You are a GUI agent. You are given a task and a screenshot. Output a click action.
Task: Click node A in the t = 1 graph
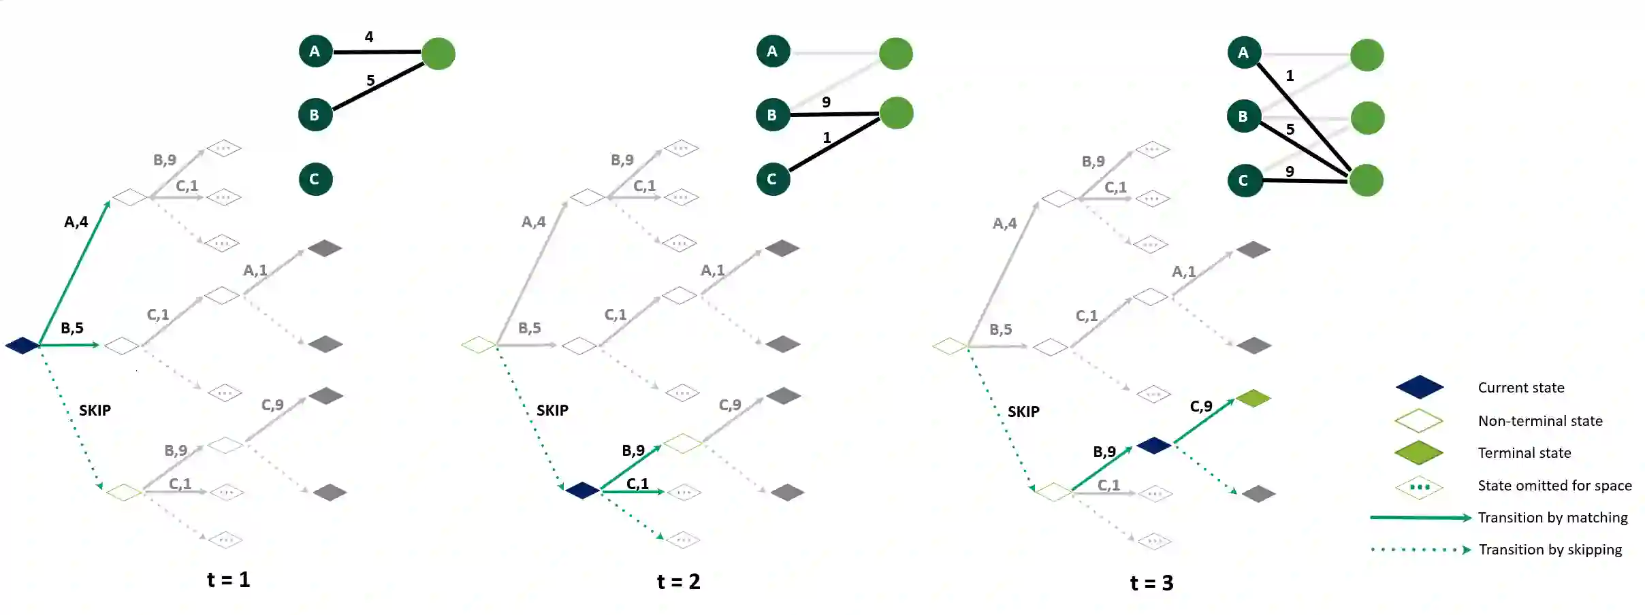tap(315, 51)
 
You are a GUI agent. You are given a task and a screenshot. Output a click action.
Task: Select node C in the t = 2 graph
tap(773, 179)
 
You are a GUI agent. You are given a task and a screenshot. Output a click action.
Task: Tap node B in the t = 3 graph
tap(1244, 116)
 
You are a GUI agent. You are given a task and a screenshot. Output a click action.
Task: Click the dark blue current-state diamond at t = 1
tap(22, 346)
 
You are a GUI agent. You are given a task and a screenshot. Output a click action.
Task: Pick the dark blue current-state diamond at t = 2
tap(582, 490)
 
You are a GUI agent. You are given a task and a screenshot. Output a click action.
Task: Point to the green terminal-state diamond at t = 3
tap(1253, 398)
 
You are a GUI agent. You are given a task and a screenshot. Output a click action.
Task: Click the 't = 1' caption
tap(229, 580)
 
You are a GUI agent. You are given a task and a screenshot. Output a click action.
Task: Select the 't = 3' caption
tap(1151, 583)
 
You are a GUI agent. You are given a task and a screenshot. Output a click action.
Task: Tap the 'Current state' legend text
tap(1520, 388)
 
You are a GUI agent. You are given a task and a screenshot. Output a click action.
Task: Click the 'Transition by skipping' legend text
tap(1550, 550)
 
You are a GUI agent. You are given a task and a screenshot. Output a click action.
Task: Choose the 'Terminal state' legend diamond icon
tap(1419, 452)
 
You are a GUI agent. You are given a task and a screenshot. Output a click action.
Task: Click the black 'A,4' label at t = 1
tap(76, 222)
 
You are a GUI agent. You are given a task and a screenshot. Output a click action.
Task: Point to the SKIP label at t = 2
tap(552, 410)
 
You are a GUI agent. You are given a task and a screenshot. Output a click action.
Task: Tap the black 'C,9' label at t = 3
tap(1201, 406)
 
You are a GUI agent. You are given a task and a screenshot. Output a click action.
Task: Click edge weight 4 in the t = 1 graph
tap(369, 37)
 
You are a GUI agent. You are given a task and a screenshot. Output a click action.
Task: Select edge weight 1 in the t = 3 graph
tap(1290, 76)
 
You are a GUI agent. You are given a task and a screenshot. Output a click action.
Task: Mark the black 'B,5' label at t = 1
tap(72, 328)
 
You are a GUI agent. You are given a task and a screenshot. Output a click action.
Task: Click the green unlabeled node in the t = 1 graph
tap(438, 54)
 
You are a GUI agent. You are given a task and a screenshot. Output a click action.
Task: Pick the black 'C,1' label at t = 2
tap(637, 484)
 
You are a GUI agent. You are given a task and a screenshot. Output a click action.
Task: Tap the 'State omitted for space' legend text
tap(1554, 486)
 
